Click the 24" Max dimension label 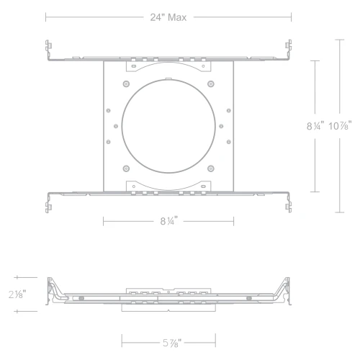coord(168,17)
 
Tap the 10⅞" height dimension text coord(340,125)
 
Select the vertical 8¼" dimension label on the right coord(315,126)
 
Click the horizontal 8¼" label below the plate coord(169,221)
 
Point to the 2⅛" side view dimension coord(17,294)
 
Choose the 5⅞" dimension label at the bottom coord(172,343)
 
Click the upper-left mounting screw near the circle coord(126,84)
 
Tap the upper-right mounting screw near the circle coord(211,84)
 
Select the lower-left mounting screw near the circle coord(126,168)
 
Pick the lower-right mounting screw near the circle coord(211,168)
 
